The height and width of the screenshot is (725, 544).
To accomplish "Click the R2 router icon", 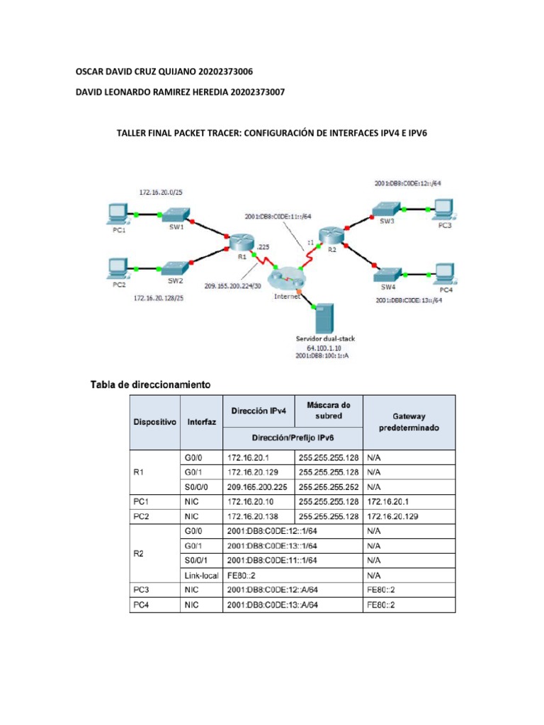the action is [329, 234].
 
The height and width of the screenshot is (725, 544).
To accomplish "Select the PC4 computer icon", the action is [444, 273].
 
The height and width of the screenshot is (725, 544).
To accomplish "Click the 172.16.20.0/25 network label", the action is [164, 193].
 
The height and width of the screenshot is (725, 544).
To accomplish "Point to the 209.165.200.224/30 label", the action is [233, 286].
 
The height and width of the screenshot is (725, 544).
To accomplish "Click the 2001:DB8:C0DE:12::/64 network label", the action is [409, 183].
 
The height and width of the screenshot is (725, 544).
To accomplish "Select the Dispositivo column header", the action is [154, 421].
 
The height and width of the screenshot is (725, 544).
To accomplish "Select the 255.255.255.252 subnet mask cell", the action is [329, 487].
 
